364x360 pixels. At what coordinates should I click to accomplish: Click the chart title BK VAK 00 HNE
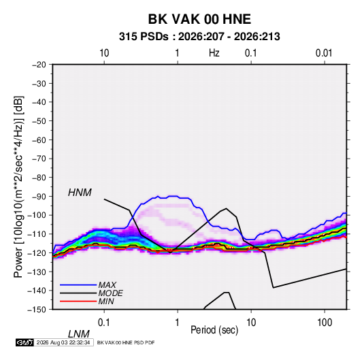click(x=199, y=19)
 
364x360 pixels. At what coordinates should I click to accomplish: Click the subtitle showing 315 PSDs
click(x=199, y=37)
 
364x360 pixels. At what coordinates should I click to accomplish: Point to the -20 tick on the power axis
click(x=39, y=65)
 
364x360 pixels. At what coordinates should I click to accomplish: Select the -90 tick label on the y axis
click(x=39, y=197)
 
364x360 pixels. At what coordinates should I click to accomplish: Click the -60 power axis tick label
click(x=39, y=140)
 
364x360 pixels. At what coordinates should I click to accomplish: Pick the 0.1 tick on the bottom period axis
click(x=104, y=323)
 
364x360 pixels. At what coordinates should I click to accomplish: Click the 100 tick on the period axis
click(x=325, y=323)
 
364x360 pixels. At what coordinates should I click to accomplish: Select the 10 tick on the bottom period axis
click(x=251, y=323)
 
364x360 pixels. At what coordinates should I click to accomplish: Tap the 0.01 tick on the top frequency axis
click(x=324, y=53)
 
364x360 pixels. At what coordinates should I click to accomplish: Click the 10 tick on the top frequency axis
click(x=104, y=53)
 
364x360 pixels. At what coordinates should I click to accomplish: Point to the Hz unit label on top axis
click(x=214, y=53)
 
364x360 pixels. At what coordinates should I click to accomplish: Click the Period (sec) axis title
click(x=214, y=330)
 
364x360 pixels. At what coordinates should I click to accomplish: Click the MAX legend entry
click(x=107, y=284)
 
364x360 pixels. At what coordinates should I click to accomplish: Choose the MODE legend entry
click(x=110, y=293)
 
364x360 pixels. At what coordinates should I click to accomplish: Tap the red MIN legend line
click(x=78, y=301)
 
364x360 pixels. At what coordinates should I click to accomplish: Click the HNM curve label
click(x=80, y=193)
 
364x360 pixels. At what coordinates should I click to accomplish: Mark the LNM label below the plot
click(x=78, y=334)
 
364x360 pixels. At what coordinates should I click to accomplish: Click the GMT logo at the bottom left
click(x=24, y=342)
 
